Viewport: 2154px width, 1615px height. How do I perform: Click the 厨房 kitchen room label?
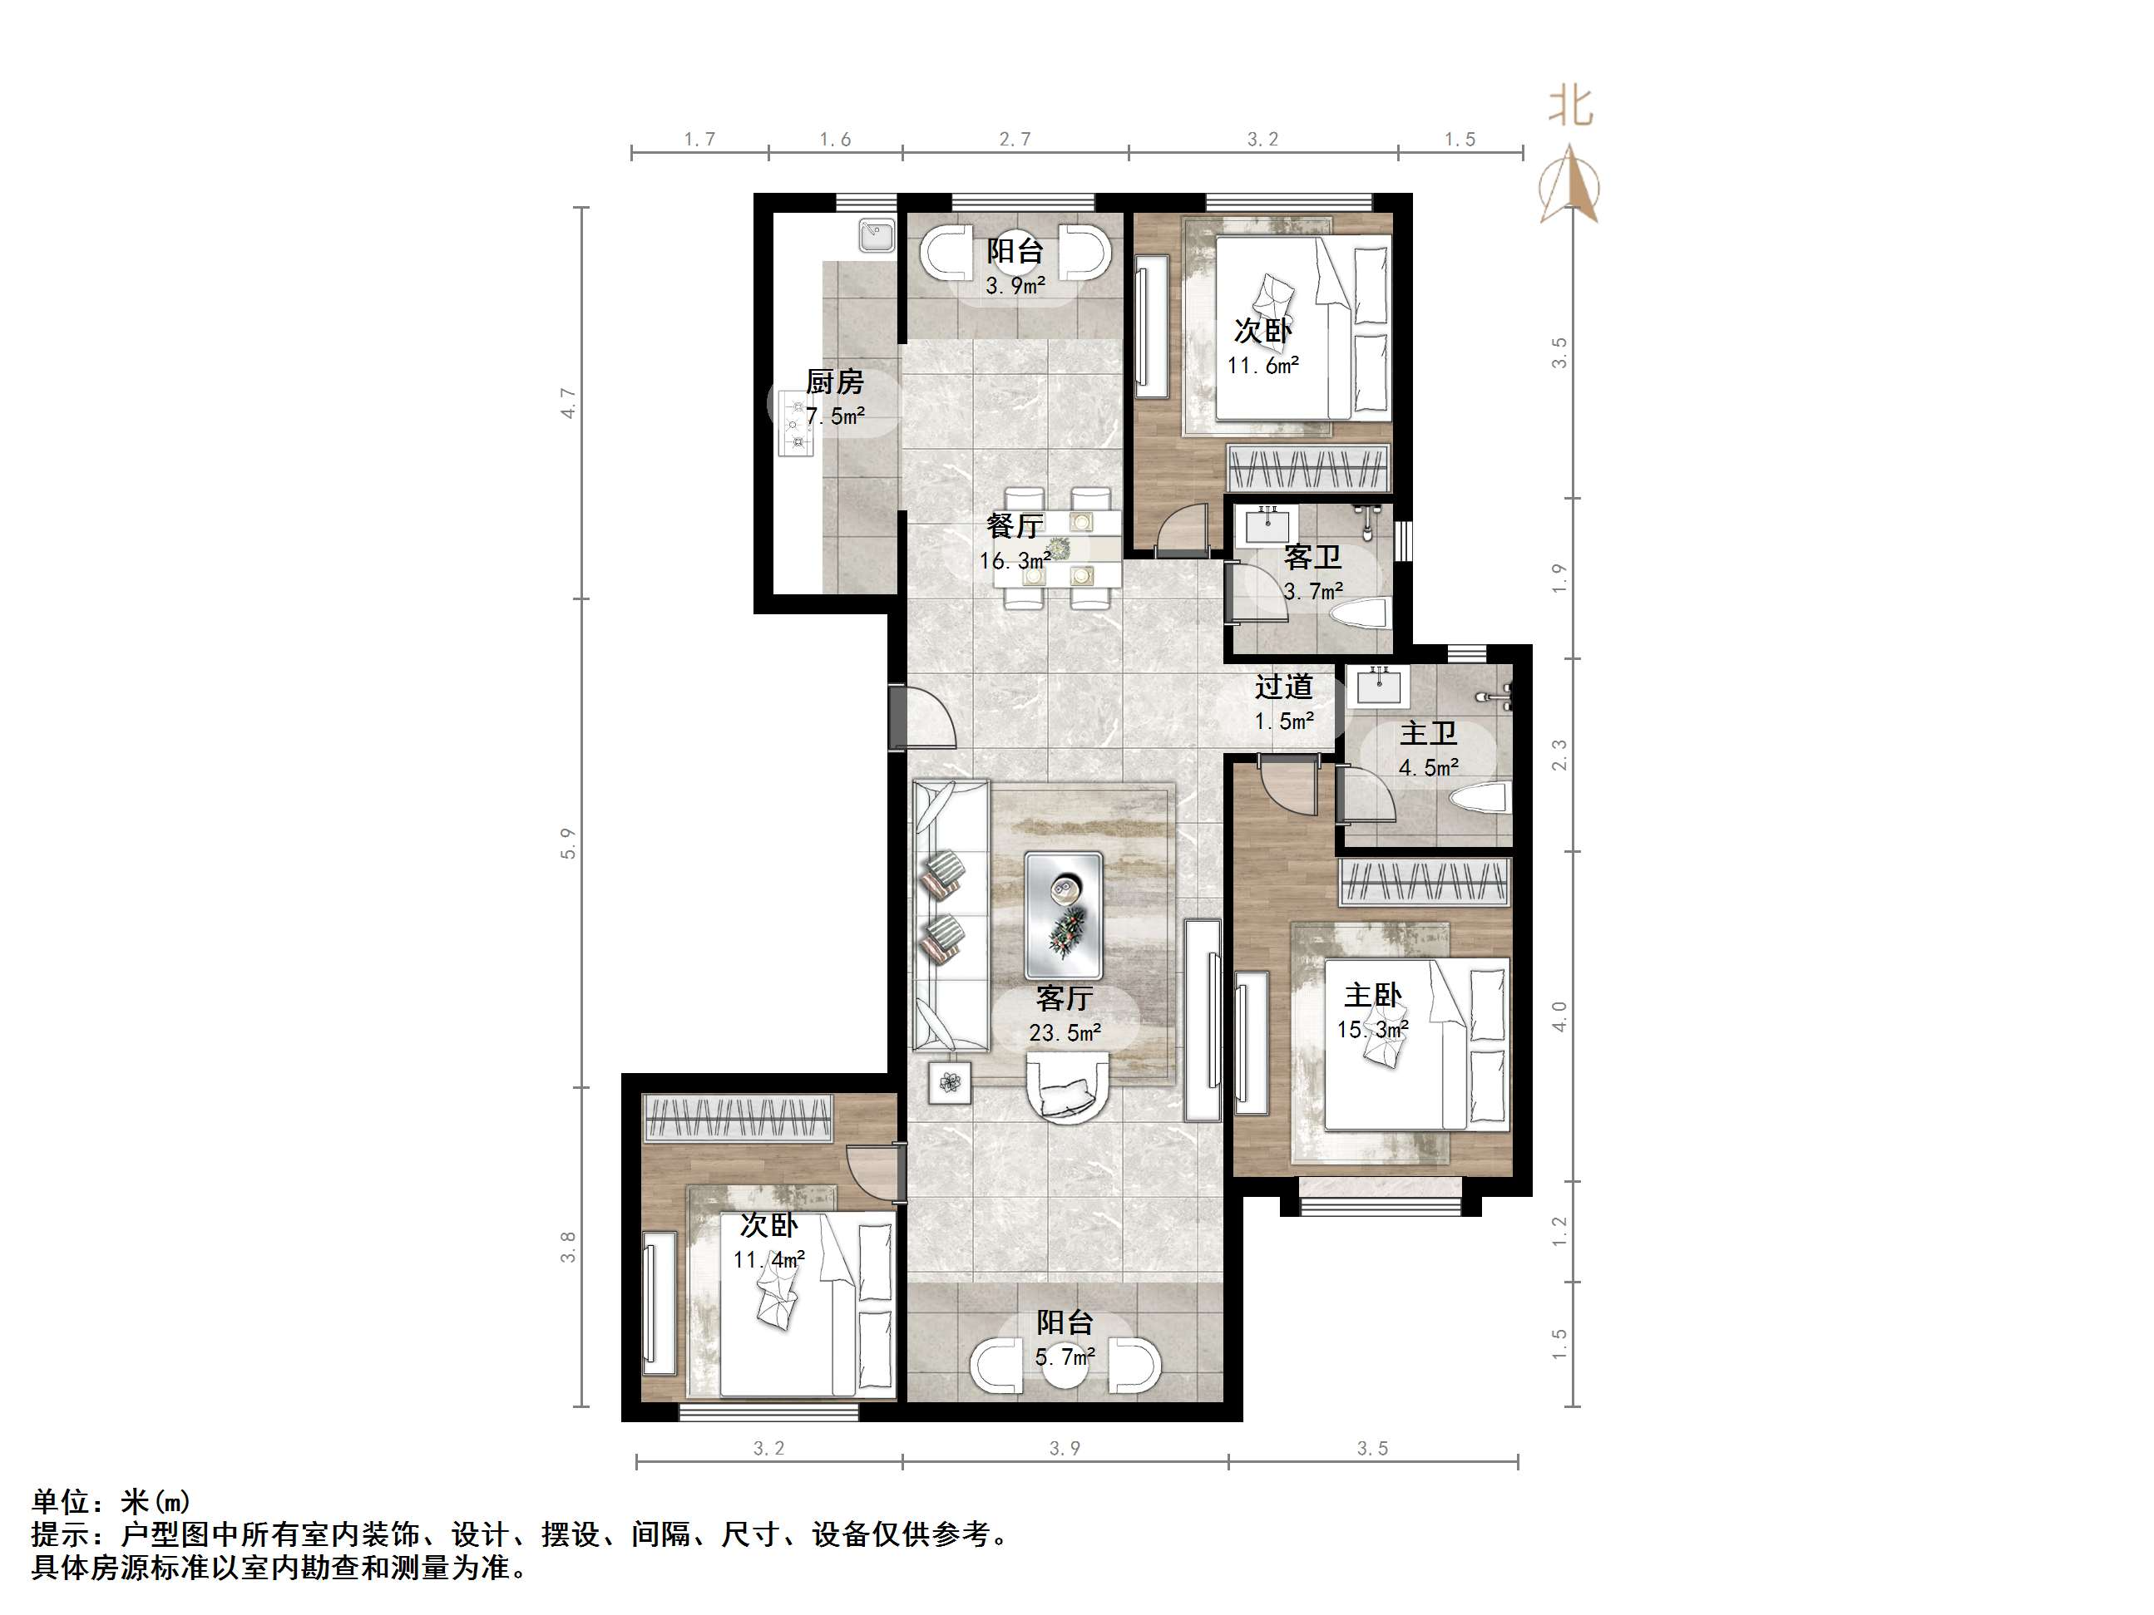(x=833, y=382)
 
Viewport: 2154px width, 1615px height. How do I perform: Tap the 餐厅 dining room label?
(x=1015, y=525)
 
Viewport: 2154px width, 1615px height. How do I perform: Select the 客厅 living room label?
(x=1064, y=997)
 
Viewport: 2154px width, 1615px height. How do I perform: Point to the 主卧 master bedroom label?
(x=1372, y=995)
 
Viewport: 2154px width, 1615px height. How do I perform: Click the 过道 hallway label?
(x=1282, y=687)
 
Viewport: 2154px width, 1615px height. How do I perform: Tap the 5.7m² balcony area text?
(x=1065, y=1356)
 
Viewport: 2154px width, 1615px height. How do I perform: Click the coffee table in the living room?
(x=1064, y=914)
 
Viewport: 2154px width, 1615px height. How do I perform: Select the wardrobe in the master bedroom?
(x=1424, y=881)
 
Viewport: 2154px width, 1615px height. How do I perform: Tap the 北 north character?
(x=1569, y=106)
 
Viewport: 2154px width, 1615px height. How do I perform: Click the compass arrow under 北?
(x=1569, y=185)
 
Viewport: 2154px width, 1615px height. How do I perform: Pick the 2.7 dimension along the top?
(x=1015, y=139)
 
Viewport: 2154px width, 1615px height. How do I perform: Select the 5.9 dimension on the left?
(x=568, y=843)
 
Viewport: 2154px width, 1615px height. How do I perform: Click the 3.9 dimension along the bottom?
(x=1065, y=1449)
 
